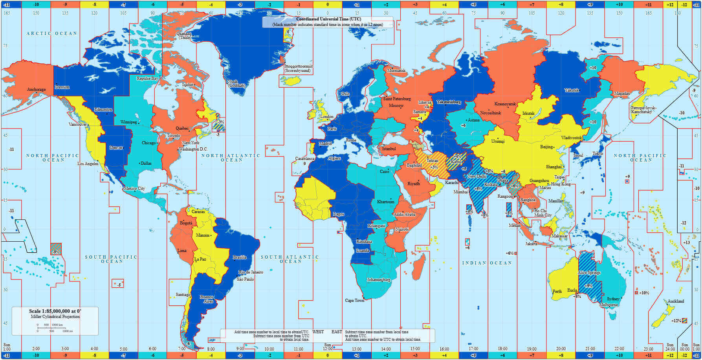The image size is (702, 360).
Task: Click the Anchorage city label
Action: (36, 90)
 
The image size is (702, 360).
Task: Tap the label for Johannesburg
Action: (378, 280)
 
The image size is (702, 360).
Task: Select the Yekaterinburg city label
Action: (449, 102)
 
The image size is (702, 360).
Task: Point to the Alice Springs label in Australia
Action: (589, 273)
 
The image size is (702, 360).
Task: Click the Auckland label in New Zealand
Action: (676, 301)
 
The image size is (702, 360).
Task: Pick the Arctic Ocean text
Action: (51, 34)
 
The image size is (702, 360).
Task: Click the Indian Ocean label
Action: (487, 263)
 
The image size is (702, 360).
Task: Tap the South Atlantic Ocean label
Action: (290, 259)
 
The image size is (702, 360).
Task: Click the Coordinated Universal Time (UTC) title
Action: (328, 19)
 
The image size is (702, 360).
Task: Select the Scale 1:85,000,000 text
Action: (55, 311)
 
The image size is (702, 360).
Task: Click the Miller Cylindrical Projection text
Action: (55, 317)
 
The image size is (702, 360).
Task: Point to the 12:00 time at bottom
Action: (328, 349)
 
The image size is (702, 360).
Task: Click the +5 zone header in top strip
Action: (473, 5)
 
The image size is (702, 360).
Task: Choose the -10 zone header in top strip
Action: (36, 5)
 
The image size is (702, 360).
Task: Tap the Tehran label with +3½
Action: (433, 161)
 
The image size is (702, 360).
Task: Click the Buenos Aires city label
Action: (207, 299)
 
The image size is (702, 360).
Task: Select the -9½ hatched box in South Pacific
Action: (56, 250)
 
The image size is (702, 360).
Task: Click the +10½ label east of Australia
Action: (644, 293)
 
